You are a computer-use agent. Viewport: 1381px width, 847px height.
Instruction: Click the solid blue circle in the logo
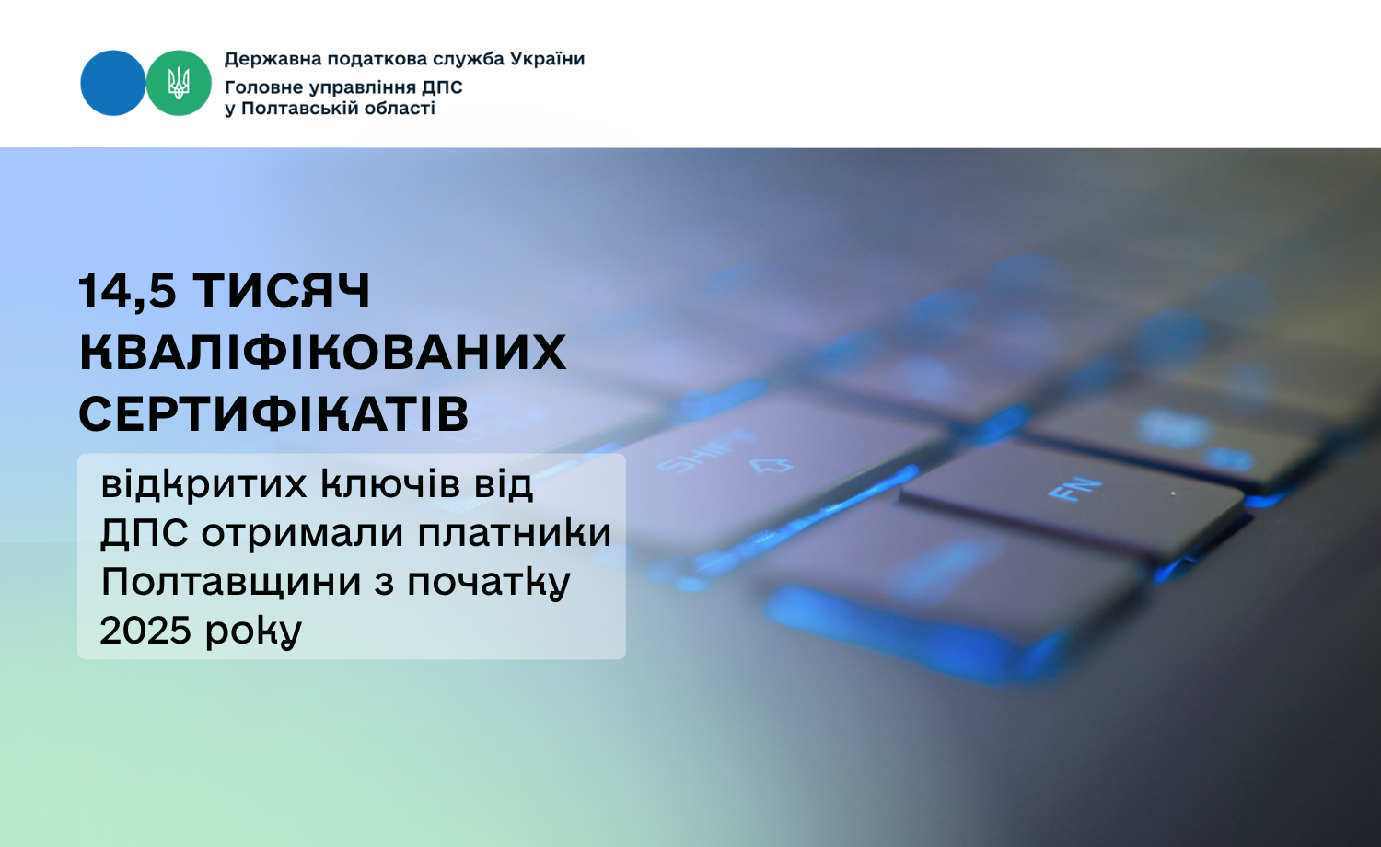click(113, 83)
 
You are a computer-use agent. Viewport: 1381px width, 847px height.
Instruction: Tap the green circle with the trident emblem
click(179, 83)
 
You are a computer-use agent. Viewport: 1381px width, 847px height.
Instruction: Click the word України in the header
click(545, 59)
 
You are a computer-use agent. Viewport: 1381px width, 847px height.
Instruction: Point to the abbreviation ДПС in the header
click(442, 87)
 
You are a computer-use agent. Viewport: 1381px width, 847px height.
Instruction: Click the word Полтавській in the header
click(327, 110)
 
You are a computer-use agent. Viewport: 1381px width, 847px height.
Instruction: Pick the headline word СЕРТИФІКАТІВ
click(273, 413)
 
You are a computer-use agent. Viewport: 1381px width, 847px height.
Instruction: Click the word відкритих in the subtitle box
click(204, 484)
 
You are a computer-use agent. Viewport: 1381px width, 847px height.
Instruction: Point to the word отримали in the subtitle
click(302, 533)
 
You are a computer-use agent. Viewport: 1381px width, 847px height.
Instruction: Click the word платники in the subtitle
click(515, 532)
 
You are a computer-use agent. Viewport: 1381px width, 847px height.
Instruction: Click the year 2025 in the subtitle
click(145, 631)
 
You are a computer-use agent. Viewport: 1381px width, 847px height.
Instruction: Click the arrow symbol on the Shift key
click(772, 465)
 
